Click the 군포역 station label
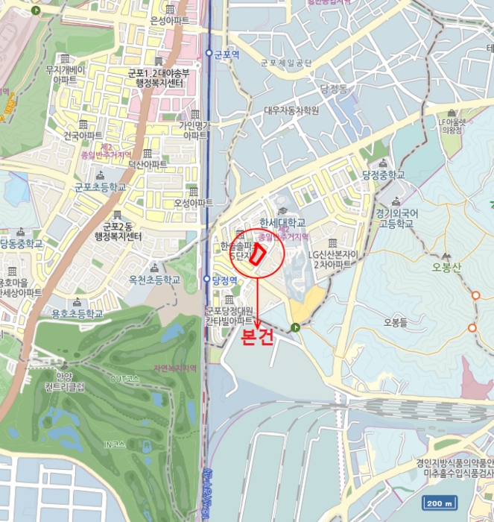click(225, 54)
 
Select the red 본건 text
click(259, 337)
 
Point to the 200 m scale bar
click(439, 503)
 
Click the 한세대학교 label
click(282, 222)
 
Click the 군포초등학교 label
click(102, 186)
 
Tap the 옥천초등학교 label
click(154, 280)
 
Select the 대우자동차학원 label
click(291, 110)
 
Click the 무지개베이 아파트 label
click(66, 75)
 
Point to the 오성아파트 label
click(193, 203)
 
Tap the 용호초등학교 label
click(77, 312)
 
